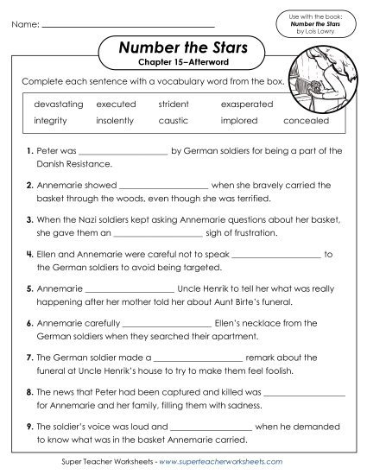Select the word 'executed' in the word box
116,104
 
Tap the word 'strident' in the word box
174,104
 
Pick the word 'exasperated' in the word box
247,104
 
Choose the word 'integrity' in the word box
50,121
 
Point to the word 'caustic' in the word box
173,121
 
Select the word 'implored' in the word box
239,121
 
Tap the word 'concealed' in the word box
307,121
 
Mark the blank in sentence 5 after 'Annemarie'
130,290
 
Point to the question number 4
29,255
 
